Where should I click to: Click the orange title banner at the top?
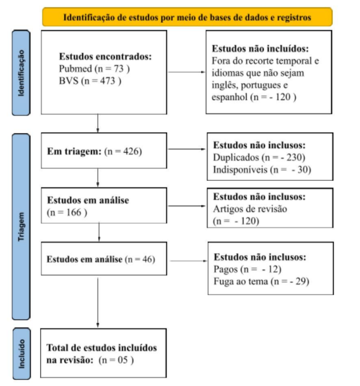187,17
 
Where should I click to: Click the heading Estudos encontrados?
105,57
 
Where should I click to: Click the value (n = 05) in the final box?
117,360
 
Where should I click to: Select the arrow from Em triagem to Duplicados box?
186,150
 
